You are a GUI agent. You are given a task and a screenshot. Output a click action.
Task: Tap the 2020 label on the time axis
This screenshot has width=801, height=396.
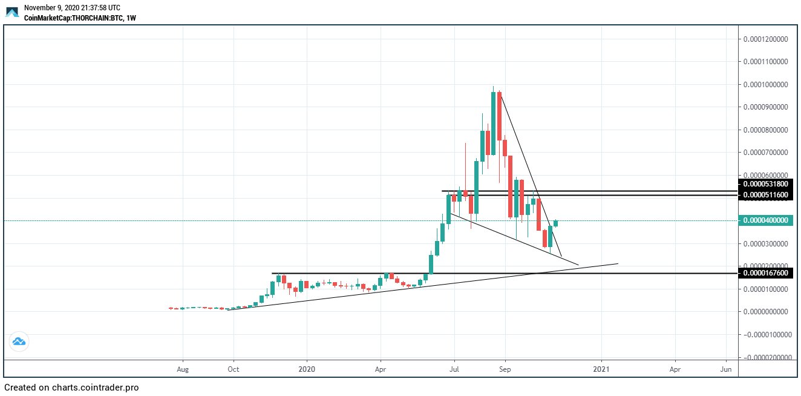point(307,369)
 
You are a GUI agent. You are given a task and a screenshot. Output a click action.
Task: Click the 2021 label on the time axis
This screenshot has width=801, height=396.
point(601,369)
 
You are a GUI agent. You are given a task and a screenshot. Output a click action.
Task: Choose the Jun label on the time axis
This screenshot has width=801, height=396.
point(726,369)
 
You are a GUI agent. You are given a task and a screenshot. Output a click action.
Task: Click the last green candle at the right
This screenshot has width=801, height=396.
point(555,223)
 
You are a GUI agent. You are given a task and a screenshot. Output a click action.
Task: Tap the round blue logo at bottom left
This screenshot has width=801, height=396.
point(19,342)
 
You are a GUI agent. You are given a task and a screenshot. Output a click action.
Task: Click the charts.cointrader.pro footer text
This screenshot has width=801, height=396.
point(95,388)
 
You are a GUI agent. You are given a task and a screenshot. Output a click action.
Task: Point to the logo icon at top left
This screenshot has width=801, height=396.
point(12,12)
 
